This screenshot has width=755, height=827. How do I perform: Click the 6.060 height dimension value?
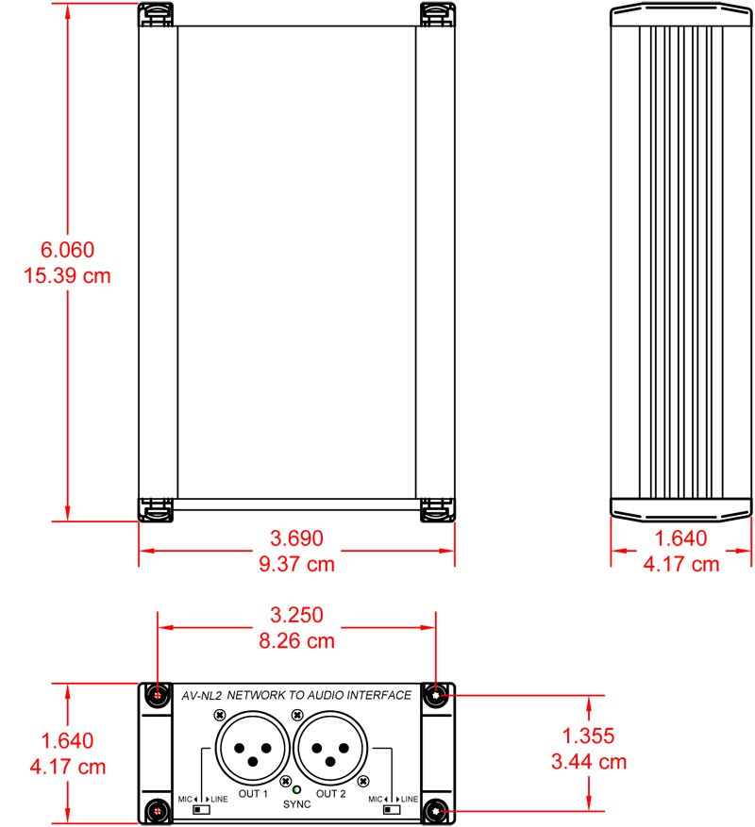[68, 250]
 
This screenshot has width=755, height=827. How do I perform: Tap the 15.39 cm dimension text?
[68, 276]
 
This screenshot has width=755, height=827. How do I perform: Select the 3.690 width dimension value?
[296, 538]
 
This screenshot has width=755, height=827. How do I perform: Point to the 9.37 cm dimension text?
[296, 564]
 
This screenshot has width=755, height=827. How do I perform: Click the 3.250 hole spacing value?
[296, 615]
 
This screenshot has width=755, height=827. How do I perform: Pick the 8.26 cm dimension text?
[296, 641]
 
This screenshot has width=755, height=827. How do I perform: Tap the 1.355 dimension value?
[588, 736]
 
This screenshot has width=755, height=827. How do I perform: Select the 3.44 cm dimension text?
[589, 762]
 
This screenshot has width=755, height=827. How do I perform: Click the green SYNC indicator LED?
[296, 789]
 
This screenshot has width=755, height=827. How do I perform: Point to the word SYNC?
[296, 804]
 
